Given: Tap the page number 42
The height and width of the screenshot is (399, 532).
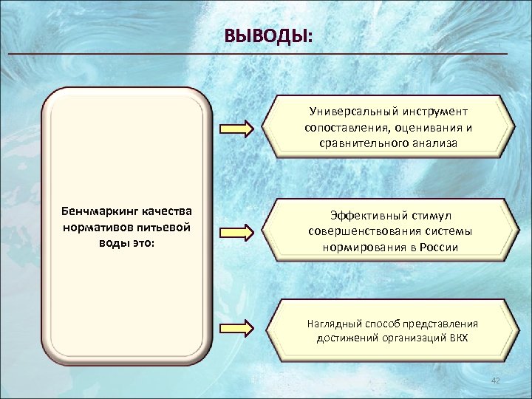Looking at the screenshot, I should point(495,380).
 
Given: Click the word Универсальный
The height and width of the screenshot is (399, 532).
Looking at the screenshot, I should point(352,112).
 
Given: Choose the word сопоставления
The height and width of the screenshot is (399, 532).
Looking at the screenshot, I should point(343,128).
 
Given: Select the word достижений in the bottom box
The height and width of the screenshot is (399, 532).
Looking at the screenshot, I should point(346,338).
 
